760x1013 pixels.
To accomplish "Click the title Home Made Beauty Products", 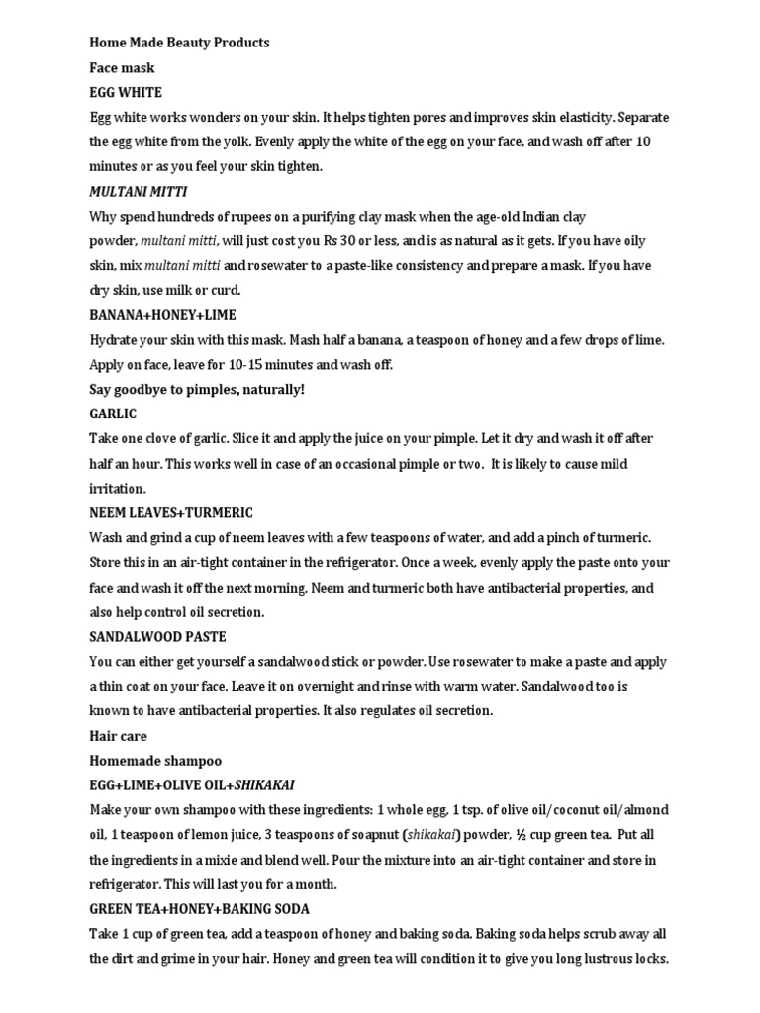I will [179, 43].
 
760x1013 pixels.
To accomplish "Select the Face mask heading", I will [122, 67].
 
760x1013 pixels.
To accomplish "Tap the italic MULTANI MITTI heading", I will [139, 191].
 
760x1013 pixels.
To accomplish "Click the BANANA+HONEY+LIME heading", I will [163, 315].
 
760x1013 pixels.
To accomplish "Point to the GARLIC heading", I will [113, 414].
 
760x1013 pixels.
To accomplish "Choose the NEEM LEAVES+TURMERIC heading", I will [171, 512].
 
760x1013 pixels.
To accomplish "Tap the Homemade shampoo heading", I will [155, 761].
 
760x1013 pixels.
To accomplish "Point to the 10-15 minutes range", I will [259, 365].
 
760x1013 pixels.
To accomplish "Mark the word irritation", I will [117, 489].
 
